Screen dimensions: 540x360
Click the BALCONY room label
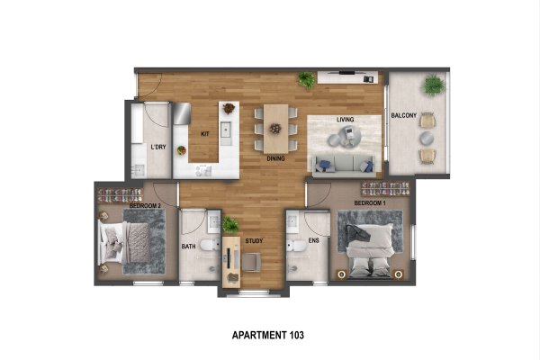(x=403, y=115)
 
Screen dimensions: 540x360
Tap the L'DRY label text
(x=158, y=147)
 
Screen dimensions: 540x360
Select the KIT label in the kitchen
(x=205, y=134)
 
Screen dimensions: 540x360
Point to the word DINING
(x=276, y=158)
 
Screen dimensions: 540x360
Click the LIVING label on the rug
(x=345, y=120)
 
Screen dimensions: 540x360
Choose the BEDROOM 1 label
(x=370, y=202)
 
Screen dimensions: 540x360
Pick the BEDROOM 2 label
(x=145, y=206)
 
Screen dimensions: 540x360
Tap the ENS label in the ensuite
(x=314, y=240)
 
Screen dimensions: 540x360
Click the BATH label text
(x=188, y=247)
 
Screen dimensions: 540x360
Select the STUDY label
(x=254, y=241)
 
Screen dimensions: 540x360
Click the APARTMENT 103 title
(x=268, y=335)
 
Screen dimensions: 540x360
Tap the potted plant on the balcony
(x=434, y=85)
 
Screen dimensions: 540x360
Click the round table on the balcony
(x=427, y=138)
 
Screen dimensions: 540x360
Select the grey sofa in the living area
(x=344, y=165)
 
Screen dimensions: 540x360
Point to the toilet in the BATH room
(x=210, y=245)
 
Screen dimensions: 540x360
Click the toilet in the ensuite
(x=296, y=246)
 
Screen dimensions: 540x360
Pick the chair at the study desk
(x=251, y=263)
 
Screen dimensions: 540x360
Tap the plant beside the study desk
(x=230, y=225)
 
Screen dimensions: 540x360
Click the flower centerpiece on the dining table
(x=275, y=129)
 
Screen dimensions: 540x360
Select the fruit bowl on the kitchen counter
(x=182, y=150)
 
